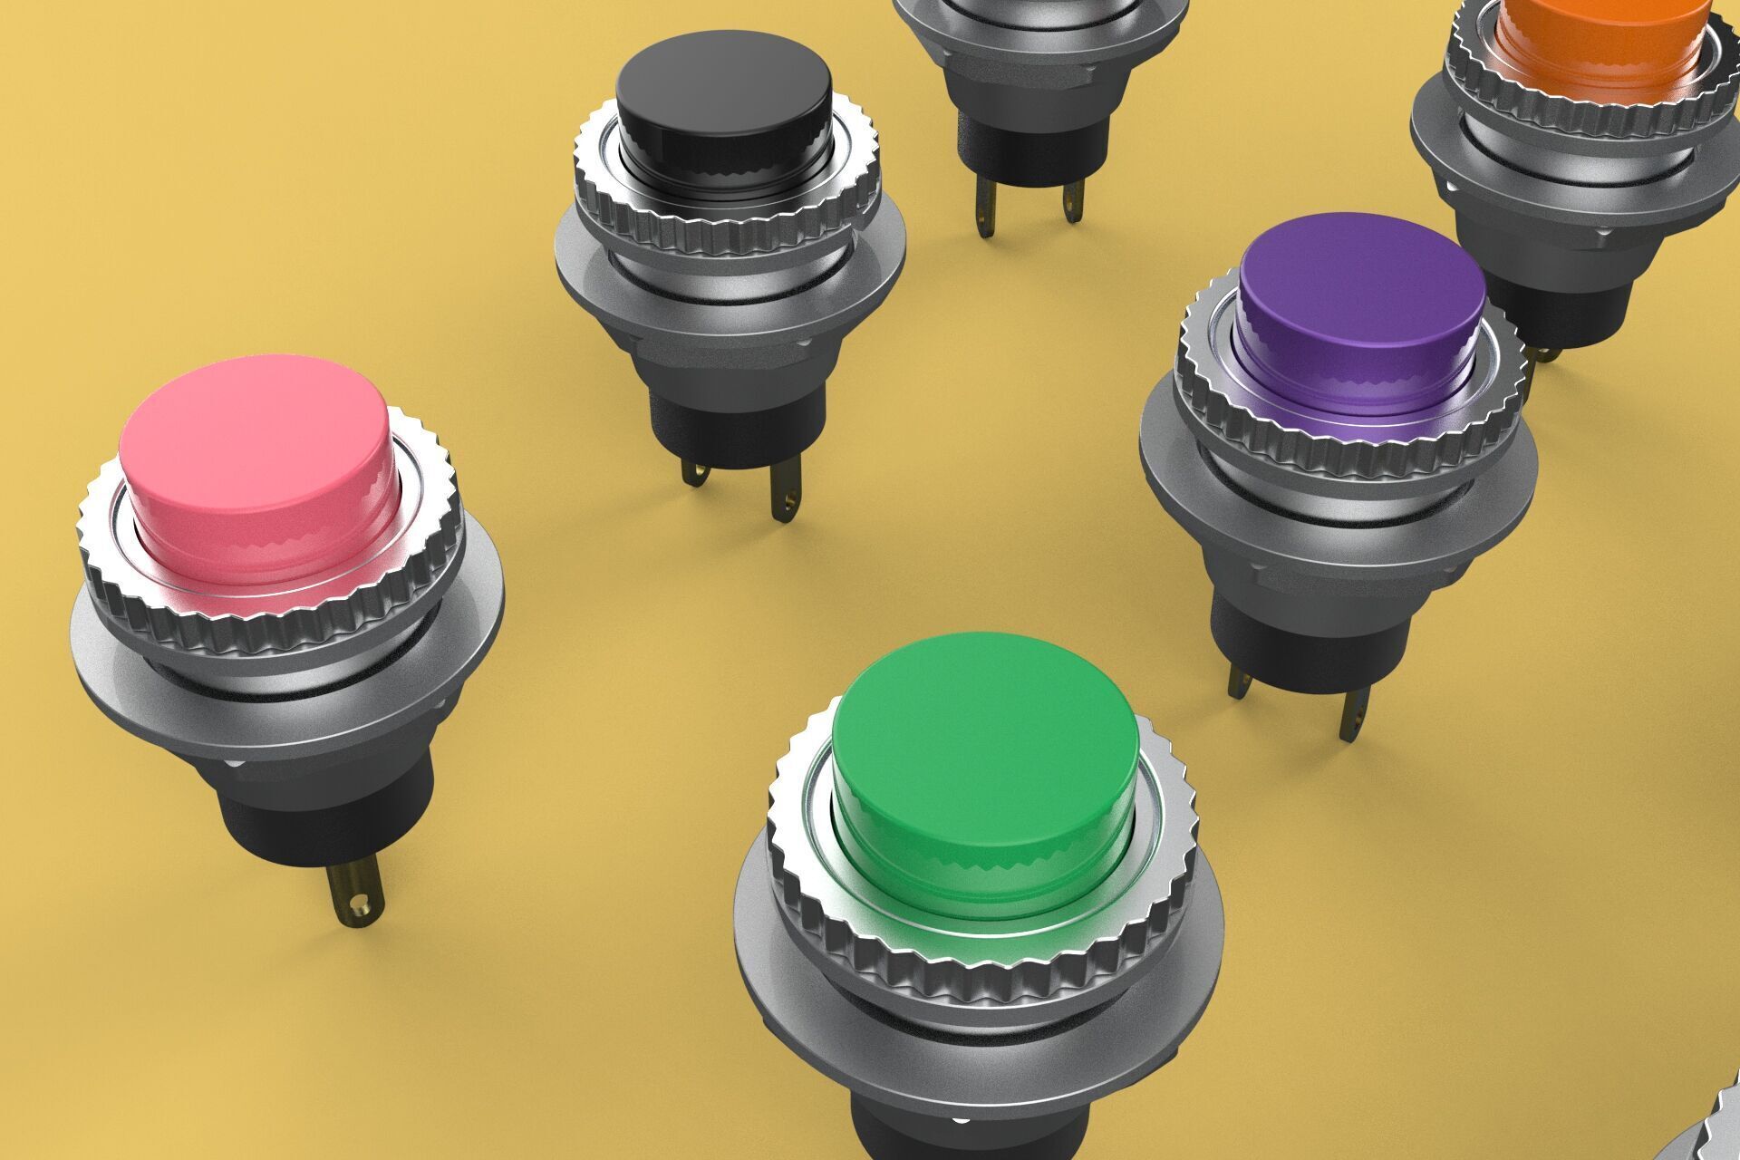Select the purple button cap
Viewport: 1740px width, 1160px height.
click(x=1359, y=290)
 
